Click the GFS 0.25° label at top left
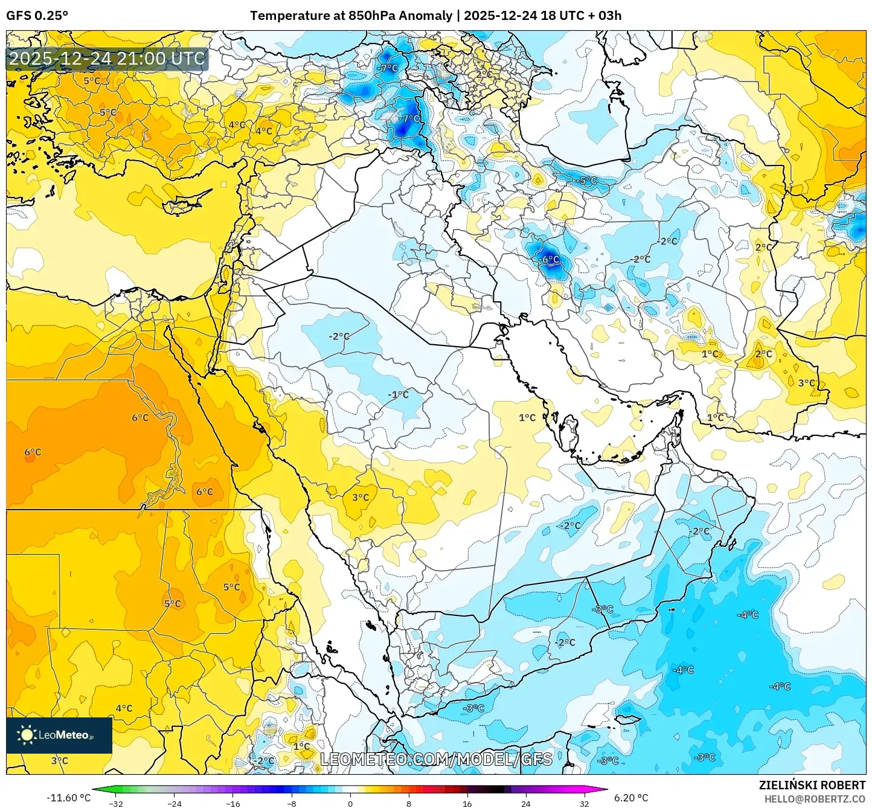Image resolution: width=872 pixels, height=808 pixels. [37, 16]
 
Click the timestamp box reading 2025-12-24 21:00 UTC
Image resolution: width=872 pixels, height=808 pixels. [107, 59]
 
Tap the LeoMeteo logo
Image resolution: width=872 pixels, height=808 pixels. [59, 735]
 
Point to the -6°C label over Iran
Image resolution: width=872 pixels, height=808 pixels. [548, 260]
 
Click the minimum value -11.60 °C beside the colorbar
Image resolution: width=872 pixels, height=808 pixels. [68, 798]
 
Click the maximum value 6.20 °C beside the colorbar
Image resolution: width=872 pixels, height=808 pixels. [631, 798]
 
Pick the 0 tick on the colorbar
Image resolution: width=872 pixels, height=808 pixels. [350, 803]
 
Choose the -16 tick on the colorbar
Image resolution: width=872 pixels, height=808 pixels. [232, 803]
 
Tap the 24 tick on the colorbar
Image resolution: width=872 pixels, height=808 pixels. [525, 803]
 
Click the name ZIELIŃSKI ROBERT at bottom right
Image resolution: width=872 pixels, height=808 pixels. [812, 785]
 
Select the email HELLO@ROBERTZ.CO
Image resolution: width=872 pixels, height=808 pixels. [815, 798]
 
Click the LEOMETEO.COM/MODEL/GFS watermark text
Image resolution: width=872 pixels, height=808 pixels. [436, 759]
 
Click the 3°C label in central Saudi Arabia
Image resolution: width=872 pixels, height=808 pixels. [361, 498]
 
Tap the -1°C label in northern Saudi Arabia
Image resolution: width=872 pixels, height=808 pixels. [398, 394]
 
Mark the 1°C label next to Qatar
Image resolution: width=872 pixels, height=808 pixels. [527, 417]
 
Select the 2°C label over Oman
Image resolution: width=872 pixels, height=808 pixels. [701, 531]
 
